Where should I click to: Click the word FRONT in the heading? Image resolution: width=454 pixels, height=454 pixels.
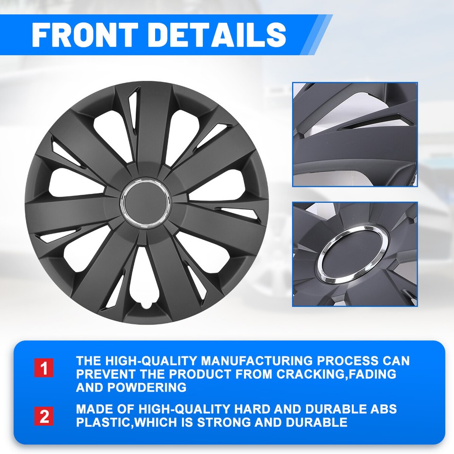point(83,34)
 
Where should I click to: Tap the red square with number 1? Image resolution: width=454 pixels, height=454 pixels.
point(44,368)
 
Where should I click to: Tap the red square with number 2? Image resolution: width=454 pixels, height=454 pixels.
point(44,416)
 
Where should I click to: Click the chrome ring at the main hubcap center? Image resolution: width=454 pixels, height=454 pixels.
point(129,203)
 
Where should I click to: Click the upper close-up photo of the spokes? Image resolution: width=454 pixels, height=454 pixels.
point(355,134)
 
